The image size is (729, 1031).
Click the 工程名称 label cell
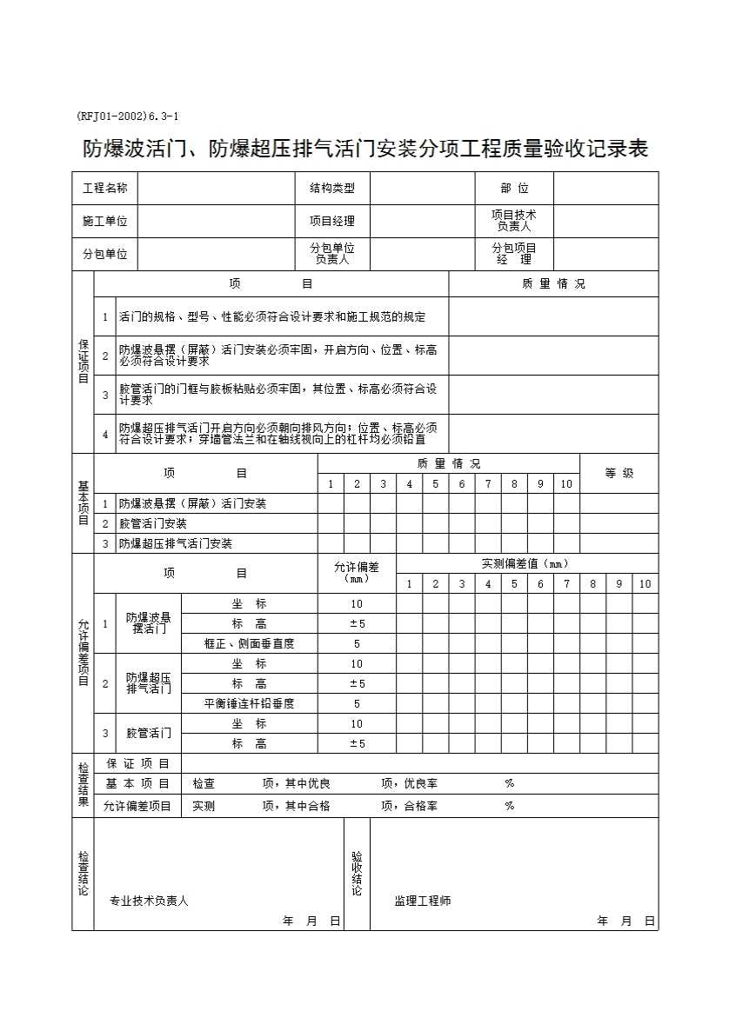[105, 189]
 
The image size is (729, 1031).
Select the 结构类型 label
[332, 189]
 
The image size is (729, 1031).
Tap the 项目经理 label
[332, 221]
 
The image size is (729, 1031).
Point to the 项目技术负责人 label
[513, 221]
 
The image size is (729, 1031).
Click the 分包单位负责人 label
[332, 254]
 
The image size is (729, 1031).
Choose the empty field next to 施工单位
[217, 221]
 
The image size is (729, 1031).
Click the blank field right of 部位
[605, 189]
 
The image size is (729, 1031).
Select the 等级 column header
[619, 473]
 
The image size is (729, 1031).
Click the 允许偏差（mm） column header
[357, 572]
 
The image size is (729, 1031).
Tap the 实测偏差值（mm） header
[525, 563]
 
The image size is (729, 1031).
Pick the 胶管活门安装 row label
[153, 523]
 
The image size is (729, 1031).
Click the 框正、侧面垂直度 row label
[249, 643]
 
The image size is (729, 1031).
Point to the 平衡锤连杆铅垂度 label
[249, 703]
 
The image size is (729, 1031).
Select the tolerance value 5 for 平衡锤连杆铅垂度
[357, 703]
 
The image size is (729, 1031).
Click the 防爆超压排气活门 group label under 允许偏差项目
[149, 683]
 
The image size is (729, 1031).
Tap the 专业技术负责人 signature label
[149, 901]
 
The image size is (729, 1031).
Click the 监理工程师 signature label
[423, 901]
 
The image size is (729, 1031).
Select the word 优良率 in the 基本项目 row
[421, 783]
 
